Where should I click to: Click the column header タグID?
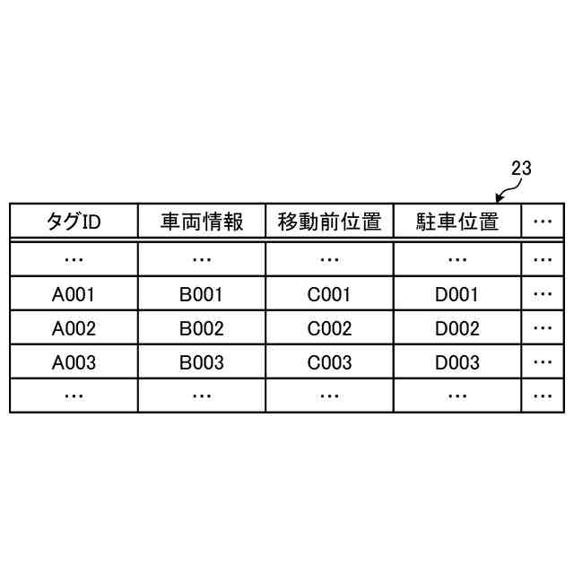click(74, 222)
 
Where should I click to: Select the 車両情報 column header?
click(202, 222)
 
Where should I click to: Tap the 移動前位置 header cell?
click(329, 222)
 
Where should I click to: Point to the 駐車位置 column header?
click(457, 222)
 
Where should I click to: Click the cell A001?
click(74, 294)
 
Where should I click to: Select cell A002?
click(74, 328)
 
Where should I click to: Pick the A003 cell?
click(74, 362)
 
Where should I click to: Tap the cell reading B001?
click(202, 294)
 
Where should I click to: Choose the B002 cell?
click(202, 328)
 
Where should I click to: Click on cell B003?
click(202, 362)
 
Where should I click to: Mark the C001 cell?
click(329, 294)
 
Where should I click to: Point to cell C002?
click(329, 328)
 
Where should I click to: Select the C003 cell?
click(329, 362)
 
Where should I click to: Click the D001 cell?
click(457, 294)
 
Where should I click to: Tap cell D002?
click(457, 328)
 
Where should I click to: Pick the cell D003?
click(457, 362)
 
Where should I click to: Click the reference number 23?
click(521, 168)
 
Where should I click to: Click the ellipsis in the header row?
click(542, 222)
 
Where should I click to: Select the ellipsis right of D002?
click(542, 328)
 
